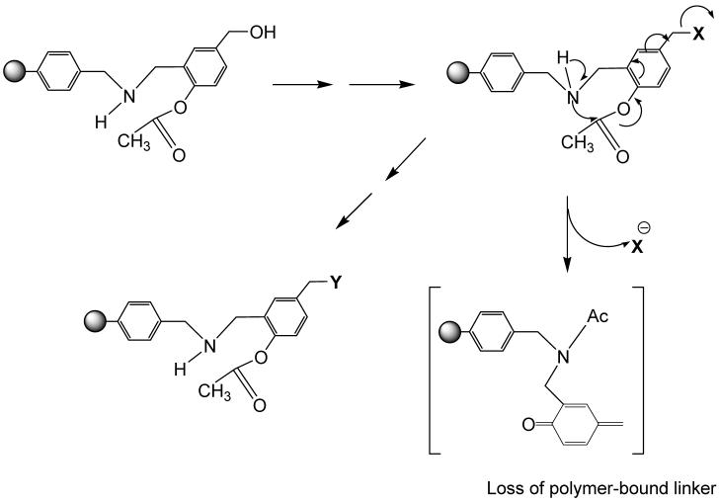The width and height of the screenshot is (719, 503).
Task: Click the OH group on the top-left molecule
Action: pos(264,33)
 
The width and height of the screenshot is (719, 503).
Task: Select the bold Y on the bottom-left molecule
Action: pos(337,284)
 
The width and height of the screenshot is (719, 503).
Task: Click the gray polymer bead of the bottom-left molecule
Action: pos(91,323)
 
